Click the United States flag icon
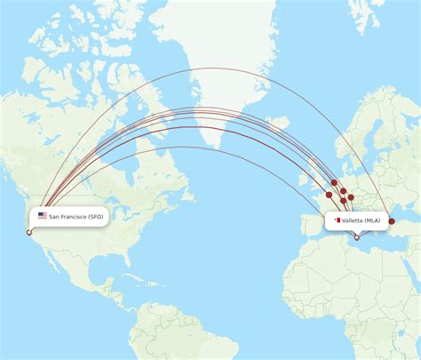point(42,216)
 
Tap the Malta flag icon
point(337,220)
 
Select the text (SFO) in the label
point(96,216)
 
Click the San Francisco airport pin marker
point(29,233)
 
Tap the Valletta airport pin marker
point(356,236)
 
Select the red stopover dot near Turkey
point(392,209)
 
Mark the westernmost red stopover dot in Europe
point(330,195)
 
